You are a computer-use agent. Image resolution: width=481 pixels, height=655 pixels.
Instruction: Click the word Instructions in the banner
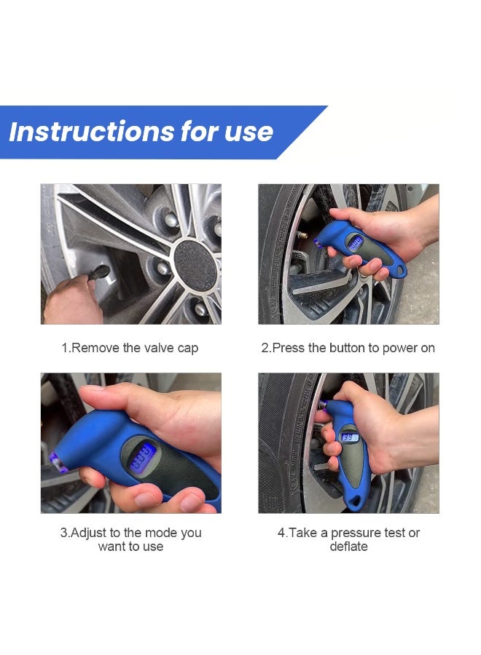(92, 132)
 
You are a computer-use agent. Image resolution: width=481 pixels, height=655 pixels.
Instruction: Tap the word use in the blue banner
(249, 133)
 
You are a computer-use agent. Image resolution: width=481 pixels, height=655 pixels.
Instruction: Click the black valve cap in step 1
(98, 272)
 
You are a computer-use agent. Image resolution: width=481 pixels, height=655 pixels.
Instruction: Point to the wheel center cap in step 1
(195, 266)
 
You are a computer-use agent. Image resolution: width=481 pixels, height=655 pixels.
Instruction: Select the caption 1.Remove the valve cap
(130, 348)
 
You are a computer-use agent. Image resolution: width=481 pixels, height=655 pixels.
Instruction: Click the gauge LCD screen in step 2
(356, 244)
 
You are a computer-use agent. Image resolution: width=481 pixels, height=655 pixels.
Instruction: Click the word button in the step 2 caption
(349, 348)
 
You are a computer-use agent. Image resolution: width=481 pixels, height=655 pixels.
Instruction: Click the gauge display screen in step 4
(350, 437)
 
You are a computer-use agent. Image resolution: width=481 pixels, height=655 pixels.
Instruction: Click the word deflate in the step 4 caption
(348, 547)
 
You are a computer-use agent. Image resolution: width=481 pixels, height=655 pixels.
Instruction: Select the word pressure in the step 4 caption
(357, 533)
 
